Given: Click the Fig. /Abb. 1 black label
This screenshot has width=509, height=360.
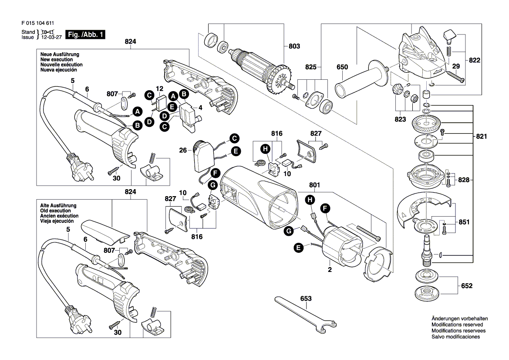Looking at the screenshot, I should click(x=85, y=34).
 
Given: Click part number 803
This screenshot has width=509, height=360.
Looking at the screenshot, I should click(x=294, y=46).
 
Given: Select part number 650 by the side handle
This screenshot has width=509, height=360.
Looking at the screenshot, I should click(x=342, y=67).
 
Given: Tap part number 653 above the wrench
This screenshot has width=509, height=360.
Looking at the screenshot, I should click(x=306, y=299).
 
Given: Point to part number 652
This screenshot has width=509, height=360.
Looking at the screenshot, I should click(x=466, y=286).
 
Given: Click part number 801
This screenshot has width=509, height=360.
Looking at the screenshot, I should click(x=314, y=185).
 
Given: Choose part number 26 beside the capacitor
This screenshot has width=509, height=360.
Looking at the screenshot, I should click(x=183, y=150).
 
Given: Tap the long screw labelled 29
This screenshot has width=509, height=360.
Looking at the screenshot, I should click(x=453, y=77).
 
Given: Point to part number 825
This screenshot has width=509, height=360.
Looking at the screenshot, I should click(x=310, y=68).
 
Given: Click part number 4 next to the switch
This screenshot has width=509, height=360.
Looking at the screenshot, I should click(x=201, y=107).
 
